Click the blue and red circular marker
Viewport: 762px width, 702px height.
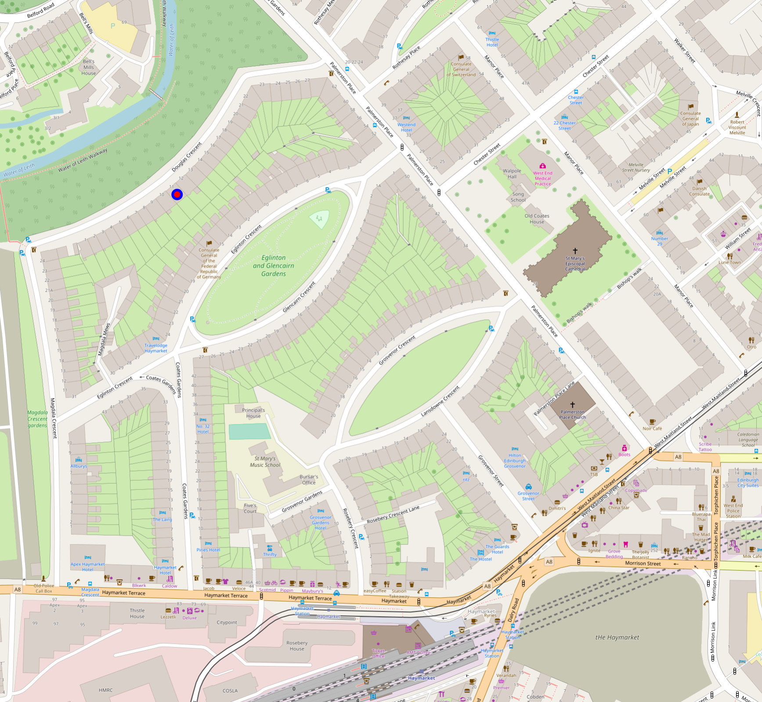177,195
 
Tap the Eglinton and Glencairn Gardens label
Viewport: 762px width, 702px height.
274,266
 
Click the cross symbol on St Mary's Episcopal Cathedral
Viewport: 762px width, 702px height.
575,250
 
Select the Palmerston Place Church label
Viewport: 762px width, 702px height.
572,415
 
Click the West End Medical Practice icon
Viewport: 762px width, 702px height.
543,166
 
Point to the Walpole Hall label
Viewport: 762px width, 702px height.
512,174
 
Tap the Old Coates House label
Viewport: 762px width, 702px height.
537,219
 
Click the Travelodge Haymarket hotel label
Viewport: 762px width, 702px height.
156,348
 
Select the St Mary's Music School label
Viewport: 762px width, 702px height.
265,462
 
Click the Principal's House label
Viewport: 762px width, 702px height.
253,413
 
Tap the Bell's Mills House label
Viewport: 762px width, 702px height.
89,67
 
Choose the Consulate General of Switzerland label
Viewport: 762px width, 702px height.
461,69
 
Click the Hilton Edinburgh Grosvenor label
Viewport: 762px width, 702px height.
515,461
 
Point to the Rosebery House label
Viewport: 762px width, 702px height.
297,646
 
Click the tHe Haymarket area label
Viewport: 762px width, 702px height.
617,637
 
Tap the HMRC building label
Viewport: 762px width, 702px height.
105,690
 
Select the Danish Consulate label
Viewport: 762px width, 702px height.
699,191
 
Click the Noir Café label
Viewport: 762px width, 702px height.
652,428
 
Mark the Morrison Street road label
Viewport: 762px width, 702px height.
643,563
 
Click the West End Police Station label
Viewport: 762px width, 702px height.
733,510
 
